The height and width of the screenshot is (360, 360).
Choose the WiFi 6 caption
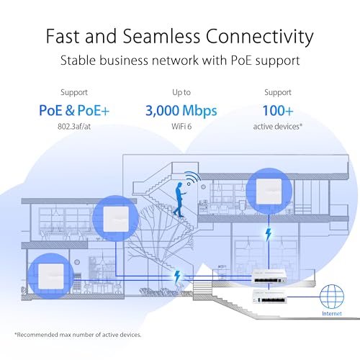180,128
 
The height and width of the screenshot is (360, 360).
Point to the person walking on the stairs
179,195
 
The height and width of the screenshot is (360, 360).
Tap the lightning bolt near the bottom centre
178,276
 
